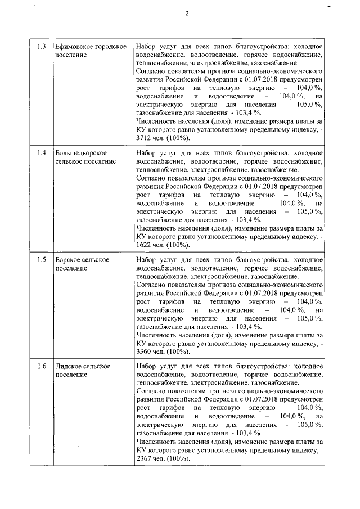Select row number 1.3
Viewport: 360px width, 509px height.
[x=42, y=46]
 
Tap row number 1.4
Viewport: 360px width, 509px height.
[x=42, y=153]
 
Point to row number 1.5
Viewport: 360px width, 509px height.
[x=42, y=260]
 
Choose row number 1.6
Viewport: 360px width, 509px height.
[x=42, y=367]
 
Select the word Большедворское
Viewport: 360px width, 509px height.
[x=80, y=153]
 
